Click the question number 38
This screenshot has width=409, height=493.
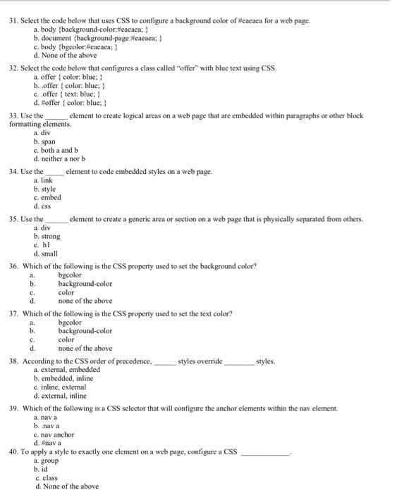[x=13, y=361]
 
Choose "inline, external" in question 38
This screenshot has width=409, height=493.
[x=64, y=387]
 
